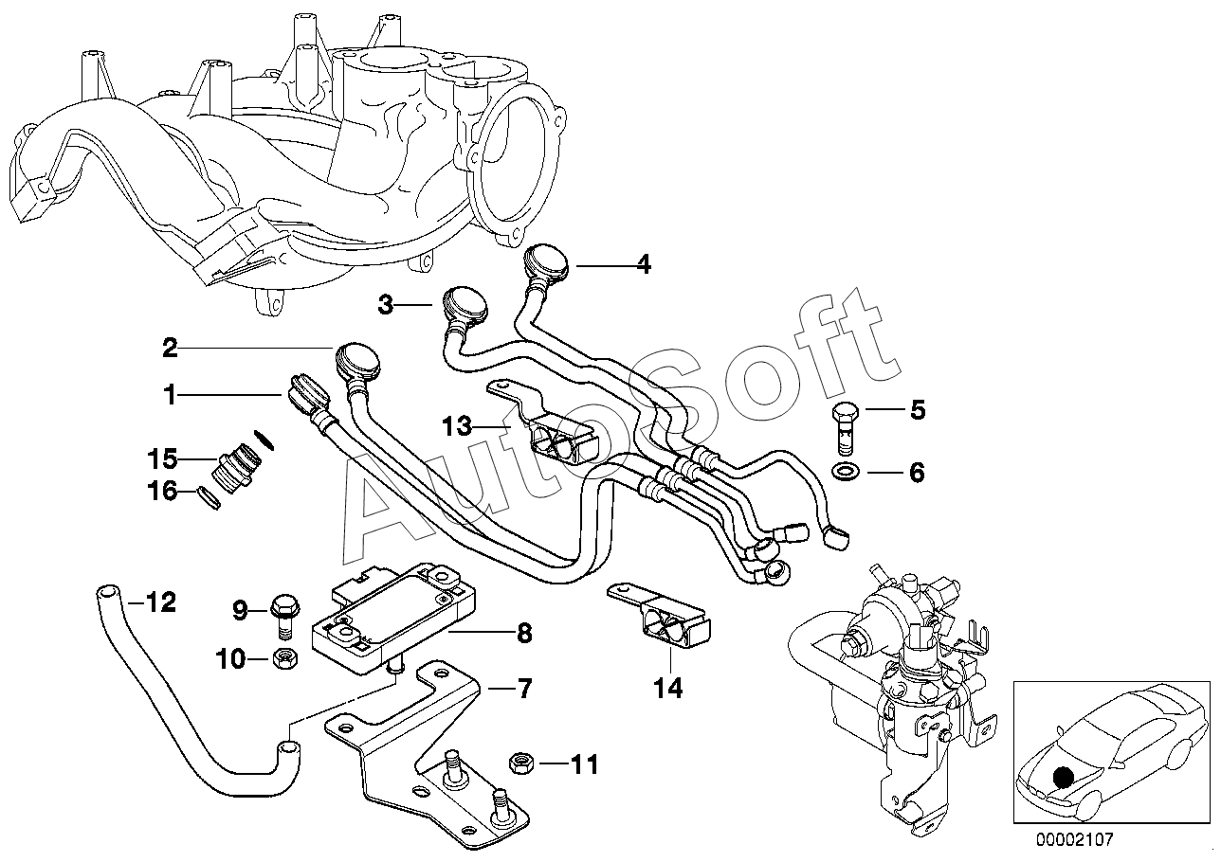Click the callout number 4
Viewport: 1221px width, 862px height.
[644, 264]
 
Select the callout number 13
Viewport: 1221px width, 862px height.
[457, 426]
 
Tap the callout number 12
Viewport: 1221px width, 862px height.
[161, 602]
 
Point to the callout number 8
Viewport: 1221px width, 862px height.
[524, 634]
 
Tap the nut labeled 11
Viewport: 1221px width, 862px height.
[520, 764]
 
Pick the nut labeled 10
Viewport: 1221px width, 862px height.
[285, 660]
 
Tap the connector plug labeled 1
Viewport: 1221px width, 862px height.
[306, 394]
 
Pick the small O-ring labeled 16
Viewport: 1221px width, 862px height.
[210, 497]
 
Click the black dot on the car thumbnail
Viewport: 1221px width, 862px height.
[1063, 777]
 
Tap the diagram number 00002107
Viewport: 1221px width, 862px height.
[1074, 839]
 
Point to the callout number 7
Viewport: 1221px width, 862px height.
[524, 689]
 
